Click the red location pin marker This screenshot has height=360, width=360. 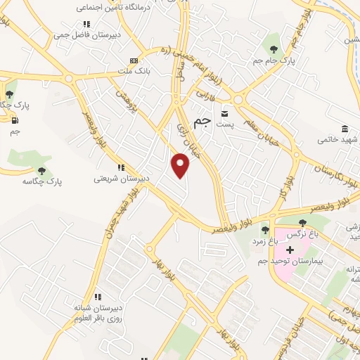click(x=181, y=166)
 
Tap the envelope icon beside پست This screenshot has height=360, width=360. click(x=225, y=113)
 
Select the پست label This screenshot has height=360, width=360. click(x=225, y=124)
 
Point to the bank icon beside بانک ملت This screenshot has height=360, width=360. click(x=134, y=61)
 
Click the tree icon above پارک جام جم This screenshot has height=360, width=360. click(x=274, y=49)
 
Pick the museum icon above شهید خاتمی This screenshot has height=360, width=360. click(x=345, y=129)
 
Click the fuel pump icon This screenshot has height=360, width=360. click(x=14, y=120)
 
